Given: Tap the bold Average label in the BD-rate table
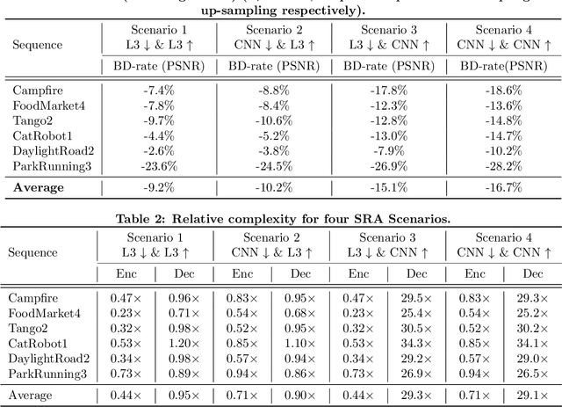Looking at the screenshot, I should tap(41, 187).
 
